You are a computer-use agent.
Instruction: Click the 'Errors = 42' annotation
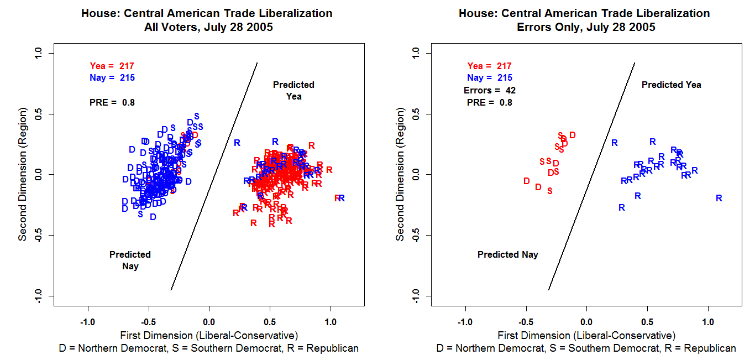[489, 90]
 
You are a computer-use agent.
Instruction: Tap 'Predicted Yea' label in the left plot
[293, 90]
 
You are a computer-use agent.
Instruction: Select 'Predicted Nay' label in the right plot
[507, 255]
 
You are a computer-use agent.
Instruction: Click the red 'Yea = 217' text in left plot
[112, 66]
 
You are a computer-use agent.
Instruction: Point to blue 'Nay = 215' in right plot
[489, 78]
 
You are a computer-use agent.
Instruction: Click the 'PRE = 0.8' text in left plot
[112, 102]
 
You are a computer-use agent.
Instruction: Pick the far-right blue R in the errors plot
[719, 198]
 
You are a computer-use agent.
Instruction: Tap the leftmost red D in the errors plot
[526, 181]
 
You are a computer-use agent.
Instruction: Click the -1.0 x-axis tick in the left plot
[87, 321]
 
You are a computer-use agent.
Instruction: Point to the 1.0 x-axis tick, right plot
[708, 321]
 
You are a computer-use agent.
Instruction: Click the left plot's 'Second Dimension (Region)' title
[23, 175]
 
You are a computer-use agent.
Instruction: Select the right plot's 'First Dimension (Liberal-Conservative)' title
[586, 335]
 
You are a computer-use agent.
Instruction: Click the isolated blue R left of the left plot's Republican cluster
[237, 143]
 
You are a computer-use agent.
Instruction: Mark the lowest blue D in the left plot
[153, 217]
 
